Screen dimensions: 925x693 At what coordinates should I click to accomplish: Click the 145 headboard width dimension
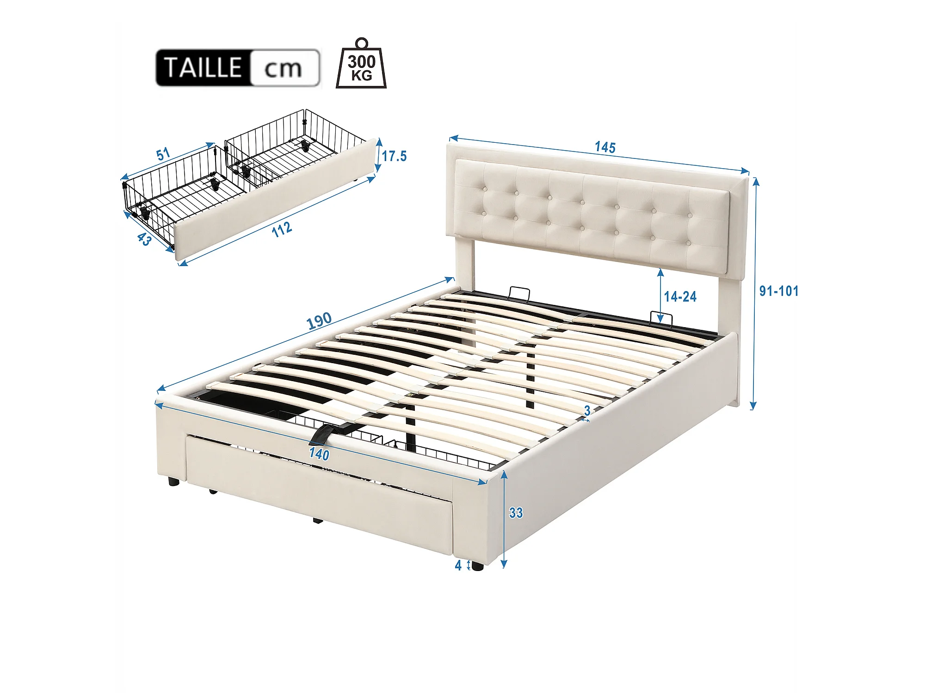click(605, 147)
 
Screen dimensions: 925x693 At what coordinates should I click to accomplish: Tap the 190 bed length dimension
click(319, 320)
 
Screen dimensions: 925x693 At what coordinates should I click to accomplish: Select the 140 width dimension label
click(319, 454)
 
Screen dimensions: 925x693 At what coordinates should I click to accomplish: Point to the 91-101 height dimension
click(779, 291)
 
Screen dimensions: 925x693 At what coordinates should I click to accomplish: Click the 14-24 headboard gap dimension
click(680, 297)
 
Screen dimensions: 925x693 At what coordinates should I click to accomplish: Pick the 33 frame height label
click(516, 513)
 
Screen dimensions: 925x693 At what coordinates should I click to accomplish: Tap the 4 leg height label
click(458, 565)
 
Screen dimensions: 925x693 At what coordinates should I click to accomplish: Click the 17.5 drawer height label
click(394, 156)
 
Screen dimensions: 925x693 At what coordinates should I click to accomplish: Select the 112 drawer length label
click(282, 229)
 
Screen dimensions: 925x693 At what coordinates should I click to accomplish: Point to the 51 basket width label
click(163, 154)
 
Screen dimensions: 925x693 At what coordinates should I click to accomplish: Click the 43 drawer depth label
click(144, 239)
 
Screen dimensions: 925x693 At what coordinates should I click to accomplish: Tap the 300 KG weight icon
click(361, 63)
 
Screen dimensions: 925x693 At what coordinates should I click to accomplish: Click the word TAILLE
click(203, 68)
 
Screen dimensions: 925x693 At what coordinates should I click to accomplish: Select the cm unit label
click(283, 69)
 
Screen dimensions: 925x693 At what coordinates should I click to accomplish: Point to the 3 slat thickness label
click(587, 410)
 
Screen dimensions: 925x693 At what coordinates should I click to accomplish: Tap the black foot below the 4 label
click(478, 566)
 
